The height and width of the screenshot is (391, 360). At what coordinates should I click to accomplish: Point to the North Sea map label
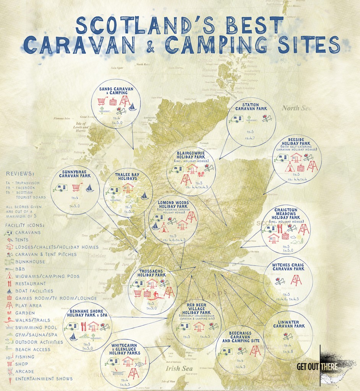point(295,108)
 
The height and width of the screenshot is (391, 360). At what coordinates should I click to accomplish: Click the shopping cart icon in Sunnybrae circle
point(76,188)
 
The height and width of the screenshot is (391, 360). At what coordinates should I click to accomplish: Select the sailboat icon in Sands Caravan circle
point(132,108)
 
